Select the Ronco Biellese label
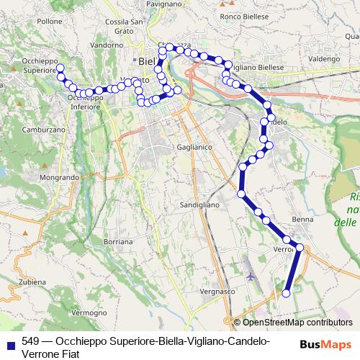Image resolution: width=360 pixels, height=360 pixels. point(244,16)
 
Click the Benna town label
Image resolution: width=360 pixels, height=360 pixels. point(301,218)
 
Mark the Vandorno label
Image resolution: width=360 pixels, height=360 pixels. point(107,45)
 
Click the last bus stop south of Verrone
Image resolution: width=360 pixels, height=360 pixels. point(286,293)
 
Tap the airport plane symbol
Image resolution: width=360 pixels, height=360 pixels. point(250,275)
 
